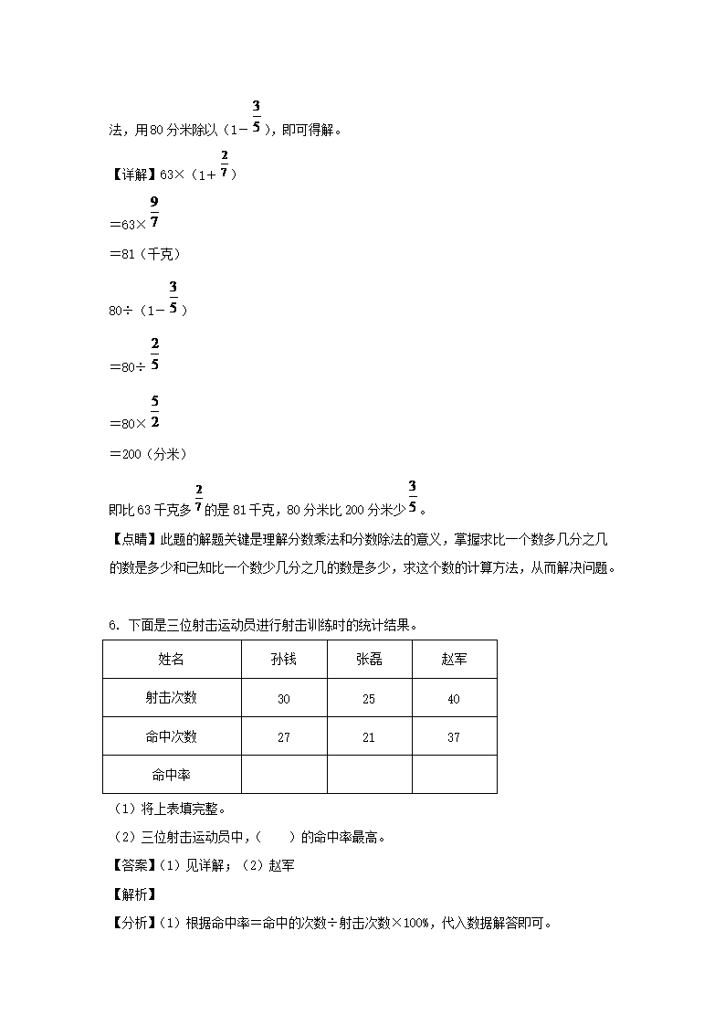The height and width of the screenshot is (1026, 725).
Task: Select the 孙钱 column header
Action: point(284,659)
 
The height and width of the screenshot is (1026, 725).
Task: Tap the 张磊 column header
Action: point(369,659)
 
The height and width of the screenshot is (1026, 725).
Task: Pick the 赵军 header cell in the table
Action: point(454,659)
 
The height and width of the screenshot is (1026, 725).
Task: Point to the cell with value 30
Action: point(284,699)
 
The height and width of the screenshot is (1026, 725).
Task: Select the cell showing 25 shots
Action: point(369,699)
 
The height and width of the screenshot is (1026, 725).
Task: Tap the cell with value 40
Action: point(454,699)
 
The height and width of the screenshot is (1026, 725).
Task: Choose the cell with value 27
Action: point(284,737)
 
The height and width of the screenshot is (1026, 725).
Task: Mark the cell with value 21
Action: point(369,737)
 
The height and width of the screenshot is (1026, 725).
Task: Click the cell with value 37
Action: point(454,737)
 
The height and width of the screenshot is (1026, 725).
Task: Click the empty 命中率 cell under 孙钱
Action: point(284,775)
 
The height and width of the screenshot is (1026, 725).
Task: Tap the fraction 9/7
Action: point(154,212)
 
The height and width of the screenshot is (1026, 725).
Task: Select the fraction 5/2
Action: point(155,411)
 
